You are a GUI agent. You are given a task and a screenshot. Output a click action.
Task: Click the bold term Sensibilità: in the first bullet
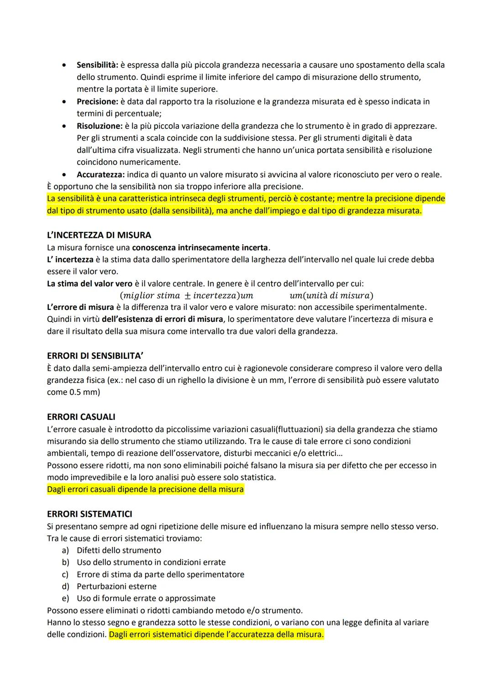pyautogui.click(x=97, y=65)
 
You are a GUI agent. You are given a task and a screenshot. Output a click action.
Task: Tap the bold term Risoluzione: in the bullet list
pyautogui.click(x=99, y=126)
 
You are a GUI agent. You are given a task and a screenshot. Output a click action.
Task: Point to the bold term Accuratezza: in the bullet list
pyautogui.click(x=100, y=174)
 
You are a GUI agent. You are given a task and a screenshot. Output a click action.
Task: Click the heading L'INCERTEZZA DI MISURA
pyautogui.click(x=99, y=235)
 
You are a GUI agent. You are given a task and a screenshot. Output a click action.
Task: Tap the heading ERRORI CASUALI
pyautogui.click(x=81, y=417)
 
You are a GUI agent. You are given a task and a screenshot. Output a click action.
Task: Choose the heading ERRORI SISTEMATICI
pyautogui.click(x=89, y=514)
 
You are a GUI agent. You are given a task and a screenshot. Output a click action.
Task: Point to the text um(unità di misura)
pyautogui.click(x=331, y=295)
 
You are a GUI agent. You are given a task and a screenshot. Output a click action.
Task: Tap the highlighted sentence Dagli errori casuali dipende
pyautogui.click(x=145, y=489)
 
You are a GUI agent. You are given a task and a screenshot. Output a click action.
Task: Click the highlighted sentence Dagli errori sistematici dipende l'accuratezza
pyautogui.click(x=216, y=634)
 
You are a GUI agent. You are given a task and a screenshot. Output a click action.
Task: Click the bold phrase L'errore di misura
pyautogui.click(x=80, y=307)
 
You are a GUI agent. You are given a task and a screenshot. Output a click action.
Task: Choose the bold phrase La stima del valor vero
pyautogui.click(x=89, y=283)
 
